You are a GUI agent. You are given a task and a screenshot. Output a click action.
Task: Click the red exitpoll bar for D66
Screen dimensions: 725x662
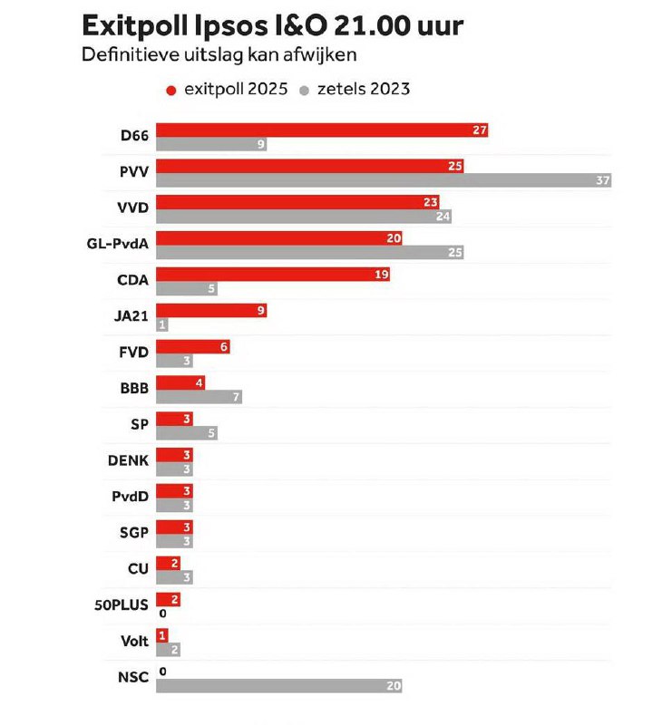(x=322, y=130)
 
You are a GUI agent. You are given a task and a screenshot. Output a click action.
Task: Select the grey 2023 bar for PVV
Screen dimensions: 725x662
(x=383, y=180)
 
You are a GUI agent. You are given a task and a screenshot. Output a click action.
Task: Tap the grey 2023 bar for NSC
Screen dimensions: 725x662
(x=278, y=686)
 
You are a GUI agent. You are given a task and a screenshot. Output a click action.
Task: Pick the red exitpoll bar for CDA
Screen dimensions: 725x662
(x=272, y=275)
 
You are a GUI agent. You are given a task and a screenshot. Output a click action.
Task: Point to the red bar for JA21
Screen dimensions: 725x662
(x=210, y=311)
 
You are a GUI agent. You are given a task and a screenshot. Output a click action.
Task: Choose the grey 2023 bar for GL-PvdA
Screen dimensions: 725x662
(x=309, y=252)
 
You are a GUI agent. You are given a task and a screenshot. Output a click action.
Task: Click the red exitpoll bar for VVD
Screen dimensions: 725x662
(x=297, y=202)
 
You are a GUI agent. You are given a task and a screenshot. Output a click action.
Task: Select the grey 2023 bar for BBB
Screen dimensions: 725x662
(x=199, y=397)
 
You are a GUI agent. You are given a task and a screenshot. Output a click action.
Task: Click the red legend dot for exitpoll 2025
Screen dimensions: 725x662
(x=171, y=90)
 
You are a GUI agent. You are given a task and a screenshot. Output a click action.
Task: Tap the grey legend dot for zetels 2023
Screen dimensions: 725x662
(x=306, y=90)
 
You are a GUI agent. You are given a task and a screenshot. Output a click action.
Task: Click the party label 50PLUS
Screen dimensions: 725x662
(x=121, y=604)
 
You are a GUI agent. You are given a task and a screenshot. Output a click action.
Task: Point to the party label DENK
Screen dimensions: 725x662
(x=128, y=460)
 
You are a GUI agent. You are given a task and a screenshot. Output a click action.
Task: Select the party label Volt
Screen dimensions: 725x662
(x=134, y=641)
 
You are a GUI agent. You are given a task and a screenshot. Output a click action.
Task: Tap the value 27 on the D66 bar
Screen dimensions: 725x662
(x=480, y=130)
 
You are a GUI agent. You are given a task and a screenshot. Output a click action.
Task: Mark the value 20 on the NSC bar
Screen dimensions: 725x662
(x=393, y=686)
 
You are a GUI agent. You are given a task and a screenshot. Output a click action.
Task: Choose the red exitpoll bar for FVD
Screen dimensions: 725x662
(x=192, y=347)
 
